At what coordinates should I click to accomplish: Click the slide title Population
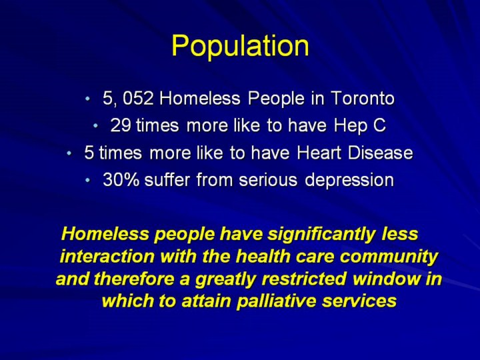click(x=240, y=46)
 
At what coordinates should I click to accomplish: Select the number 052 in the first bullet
click(x=137, y=98)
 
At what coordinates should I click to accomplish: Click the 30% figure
click(x=121, y=179)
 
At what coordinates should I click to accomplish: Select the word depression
click(x=349, y=180)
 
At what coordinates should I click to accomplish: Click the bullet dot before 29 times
click(x=96, y=125)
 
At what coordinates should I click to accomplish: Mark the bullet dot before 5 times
click(x=69, y=153)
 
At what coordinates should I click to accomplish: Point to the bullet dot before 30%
click(x=89, y=180)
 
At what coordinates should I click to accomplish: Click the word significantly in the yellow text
click(x=321, y=235)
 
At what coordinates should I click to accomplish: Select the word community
click(x=389, y=257)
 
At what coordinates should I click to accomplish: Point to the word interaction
click(x=107, y=257)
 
